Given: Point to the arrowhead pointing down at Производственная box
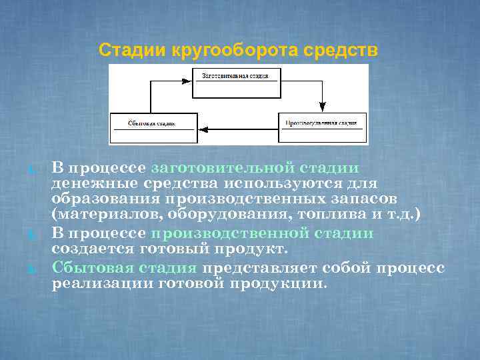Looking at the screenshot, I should coord(323,107).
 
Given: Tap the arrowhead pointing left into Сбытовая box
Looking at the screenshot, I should coord(203,127).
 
